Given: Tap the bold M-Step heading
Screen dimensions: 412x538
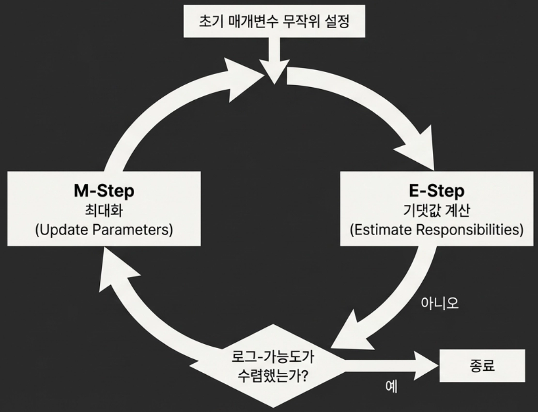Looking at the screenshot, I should tap(104, 191).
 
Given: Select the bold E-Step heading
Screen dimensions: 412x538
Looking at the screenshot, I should tap(436, 191).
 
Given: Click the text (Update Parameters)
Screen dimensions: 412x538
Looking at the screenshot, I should tap(104, 229).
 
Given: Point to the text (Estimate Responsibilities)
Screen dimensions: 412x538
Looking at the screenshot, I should tap(436, 229).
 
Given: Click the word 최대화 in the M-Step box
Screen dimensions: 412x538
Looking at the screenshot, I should tap(104, 211).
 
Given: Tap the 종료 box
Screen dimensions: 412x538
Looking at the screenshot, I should tap(482, 365).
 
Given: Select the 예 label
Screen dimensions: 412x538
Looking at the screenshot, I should tap(391, 387).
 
